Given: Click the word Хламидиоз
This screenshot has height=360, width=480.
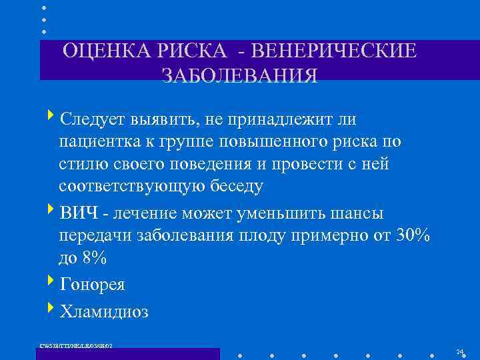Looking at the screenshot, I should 104,311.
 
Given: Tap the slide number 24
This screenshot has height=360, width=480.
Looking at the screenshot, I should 459,351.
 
